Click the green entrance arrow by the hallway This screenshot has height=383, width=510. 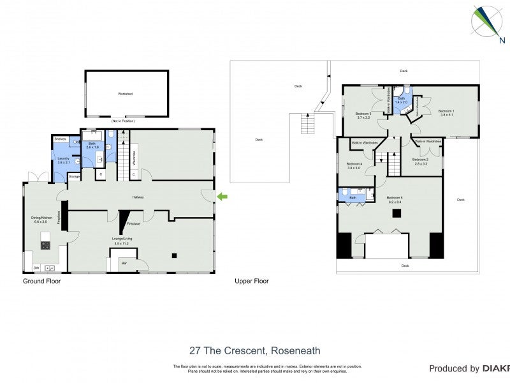(222, 197)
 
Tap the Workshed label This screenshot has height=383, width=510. (125, 94)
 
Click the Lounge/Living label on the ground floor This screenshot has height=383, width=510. (121, 240)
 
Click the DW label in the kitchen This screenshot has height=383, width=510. (36, 268)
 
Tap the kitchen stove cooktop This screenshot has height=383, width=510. (45, 244)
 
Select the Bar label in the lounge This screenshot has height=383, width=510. (124, 262)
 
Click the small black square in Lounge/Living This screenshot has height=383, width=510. (173, 256)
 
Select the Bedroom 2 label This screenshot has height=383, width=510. (419, 160)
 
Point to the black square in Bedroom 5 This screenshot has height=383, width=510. (396, 213)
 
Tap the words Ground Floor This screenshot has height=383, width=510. (41, 281)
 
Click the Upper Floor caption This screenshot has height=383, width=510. (251, 281)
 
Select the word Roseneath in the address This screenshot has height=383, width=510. (295, 350)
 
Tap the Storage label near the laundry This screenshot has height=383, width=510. (74, 176)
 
